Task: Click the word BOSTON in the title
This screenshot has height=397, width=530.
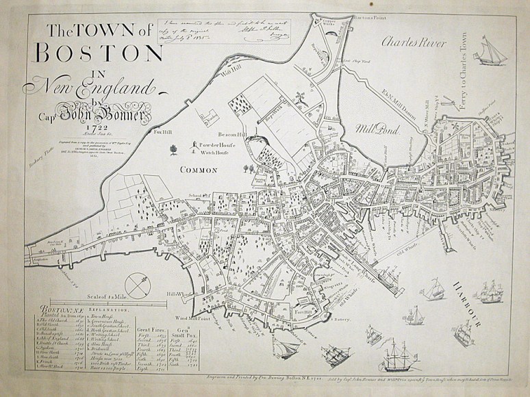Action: [95, 53]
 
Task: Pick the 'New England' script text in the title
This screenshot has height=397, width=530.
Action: [88, 87]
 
